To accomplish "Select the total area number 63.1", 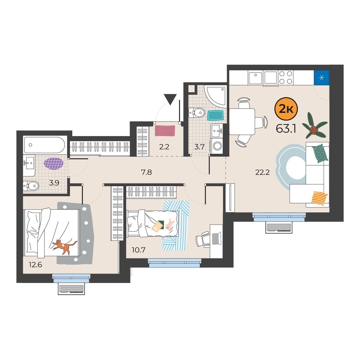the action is coord(286,128).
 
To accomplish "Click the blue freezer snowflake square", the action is coord(322,77).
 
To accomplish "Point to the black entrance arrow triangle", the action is coord(170,99).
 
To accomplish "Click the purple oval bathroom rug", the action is coord(54,164).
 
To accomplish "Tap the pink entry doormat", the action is coord(165,131).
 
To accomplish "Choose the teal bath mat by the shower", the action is coord(215,115).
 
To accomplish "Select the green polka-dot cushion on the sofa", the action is coord(320,153).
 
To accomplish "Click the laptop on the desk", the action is coord(217,238).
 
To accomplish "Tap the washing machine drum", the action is coord(217,146).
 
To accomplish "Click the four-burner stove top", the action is coord(286,77).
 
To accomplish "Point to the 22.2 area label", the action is coord(262,172).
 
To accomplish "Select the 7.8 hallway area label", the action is coord(146,172).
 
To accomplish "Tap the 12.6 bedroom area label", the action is coord(35,265).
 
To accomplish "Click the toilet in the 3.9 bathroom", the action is coord(31,186).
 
